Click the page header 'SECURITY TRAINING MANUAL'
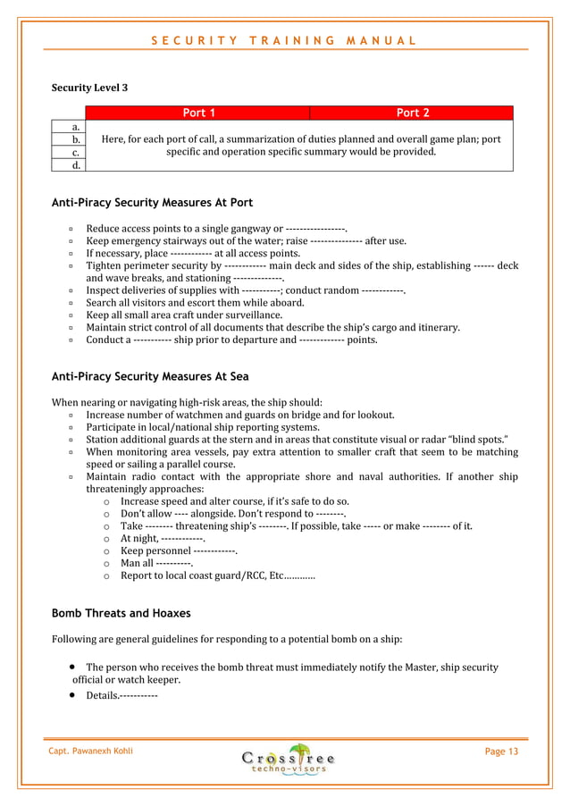pos(283,40)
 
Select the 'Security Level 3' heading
pos(89,88)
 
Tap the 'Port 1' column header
pos(197,113)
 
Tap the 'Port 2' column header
pos(412,113)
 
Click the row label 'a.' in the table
pos(77,127)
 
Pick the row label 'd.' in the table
pos(77,164)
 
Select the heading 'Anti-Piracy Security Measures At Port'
pos(152,203)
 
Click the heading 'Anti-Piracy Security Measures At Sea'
pos(150,374)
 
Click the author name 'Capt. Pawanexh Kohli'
pos(90,751)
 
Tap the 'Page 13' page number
pos(500,751)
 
